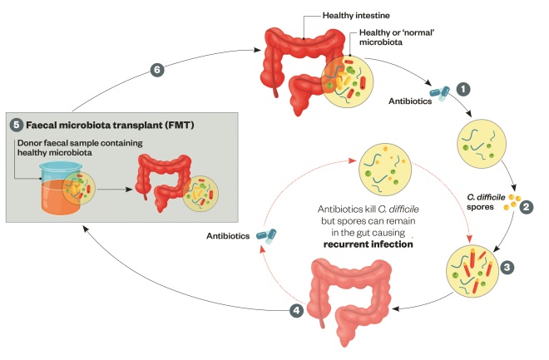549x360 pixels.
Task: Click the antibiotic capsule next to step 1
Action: [438, 91]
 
